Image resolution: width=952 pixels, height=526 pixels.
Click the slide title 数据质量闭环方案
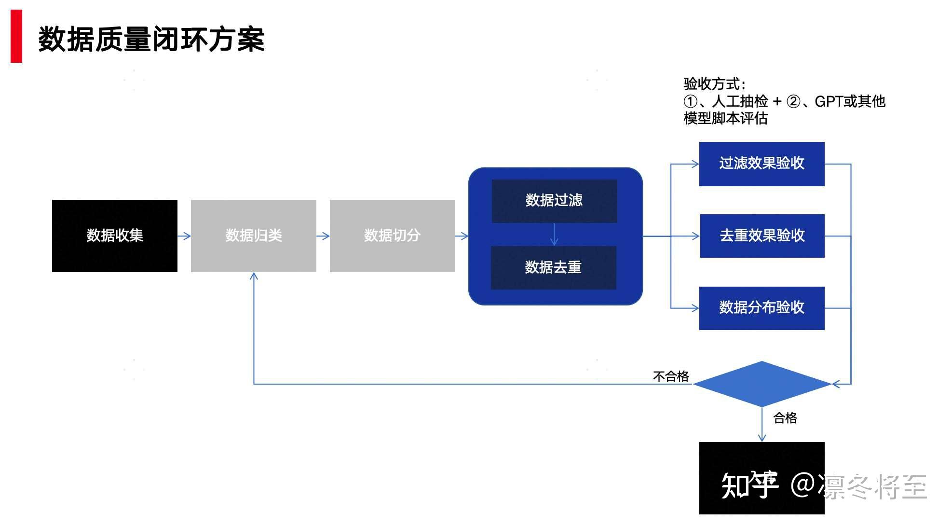(x=151, y=39)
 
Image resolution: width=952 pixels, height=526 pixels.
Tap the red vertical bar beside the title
(x=16, y=36)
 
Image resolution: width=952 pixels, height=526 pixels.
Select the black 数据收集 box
(x=115, y=235)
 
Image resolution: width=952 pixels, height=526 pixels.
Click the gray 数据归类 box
(x=253, y=235)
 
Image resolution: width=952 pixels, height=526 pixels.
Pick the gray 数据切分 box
(x=392, y=235)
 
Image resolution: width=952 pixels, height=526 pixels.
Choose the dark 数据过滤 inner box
(x=554, y=201)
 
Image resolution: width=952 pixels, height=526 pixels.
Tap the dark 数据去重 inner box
(x=553, y=267)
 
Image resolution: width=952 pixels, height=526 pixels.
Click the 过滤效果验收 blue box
(x=762, y=164)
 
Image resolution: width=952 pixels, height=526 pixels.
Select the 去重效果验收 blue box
(x=762, y=235)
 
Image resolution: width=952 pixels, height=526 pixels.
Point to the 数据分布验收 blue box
(x=762, y=308)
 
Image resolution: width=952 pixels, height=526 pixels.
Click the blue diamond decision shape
(x=762, y=384)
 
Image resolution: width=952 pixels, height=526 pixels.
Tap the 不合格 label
(x=670, y=376)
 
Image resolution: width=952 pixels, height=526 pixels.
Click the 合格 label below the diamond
(x=785, y=418)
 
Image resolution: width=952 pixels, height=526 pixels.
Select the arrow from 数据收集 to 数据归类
(x=184, y=236)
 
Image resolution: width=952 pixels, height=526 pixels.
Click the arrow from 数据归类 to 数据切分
(x=323, y=236)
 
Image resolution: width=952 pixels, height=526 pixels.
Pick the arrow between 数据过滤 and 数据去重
(x=554, y=235)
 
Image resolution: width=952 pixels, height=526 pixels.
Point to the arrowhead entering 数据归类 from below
(x=254, y=277)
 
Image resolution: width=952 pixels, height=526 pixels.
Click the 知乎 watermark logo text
(x=749, y=485)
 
